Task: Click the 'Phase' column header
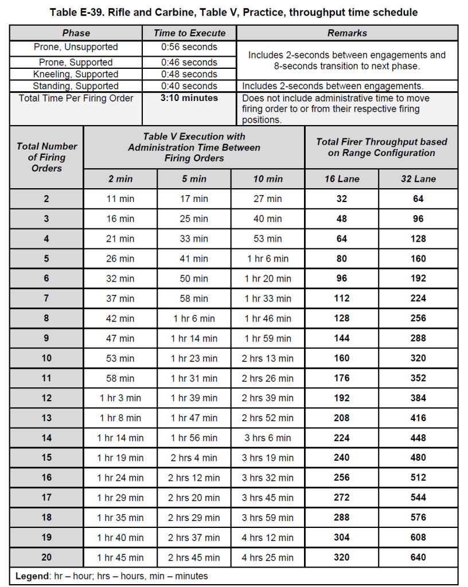coord(76,33)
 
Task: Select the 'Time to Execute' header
coord(189,33)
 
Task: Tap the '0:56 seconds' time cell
coord(189,47)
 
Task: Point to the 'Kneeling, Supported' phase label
coord(76,75)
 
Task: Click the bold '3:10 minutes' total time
coord(189,98)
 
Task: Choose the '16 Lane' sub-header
coord(342,179)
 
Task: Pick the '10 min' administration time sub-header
coord(268,179)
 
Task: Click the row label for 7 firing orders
coord(46,298)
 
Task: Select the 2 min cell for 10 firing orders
coord(120,359)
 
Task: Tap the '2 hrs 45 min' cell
coord(194,558)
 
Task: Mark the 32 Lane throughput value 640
coord(419,558)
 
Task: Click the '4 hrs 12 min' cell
coord(268,538)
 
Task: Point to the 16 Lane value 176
coord(342,378)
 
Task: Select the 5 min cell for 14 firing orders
coord(194,438)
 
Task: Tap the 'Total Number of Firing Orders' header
coord(46,157)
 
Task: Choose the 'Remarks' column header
coord(347,33)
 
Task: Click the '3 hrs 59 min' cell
coord(268,518)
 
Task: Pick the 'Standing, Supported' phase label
coord(76,86)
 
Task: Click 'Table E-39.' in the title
coord(77,12)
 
